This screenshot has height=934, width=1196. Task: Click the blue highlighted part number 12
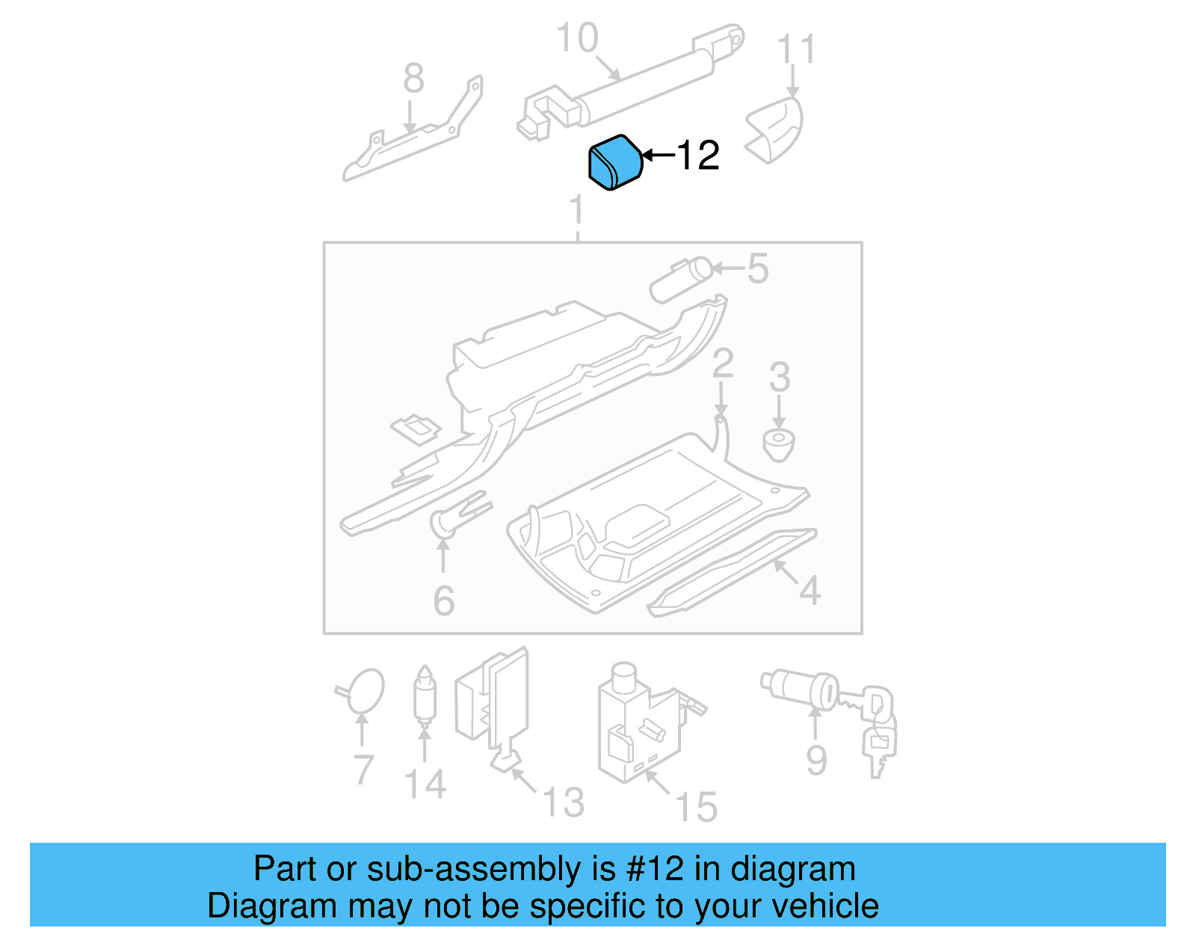click(x=615, y=163)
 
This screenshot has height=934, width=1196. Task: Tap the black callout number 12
click(x=698, y=156)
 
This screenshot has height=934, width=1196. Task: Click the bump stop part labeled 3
click(x=778, y=444)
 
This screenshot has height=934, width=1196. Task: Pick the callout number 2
click(x=722, y=363)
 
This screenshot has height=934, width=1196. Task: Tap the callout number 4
click(x=810, y=591)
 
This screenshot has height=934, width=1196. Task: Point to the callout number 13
click(x=562, y=802)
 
